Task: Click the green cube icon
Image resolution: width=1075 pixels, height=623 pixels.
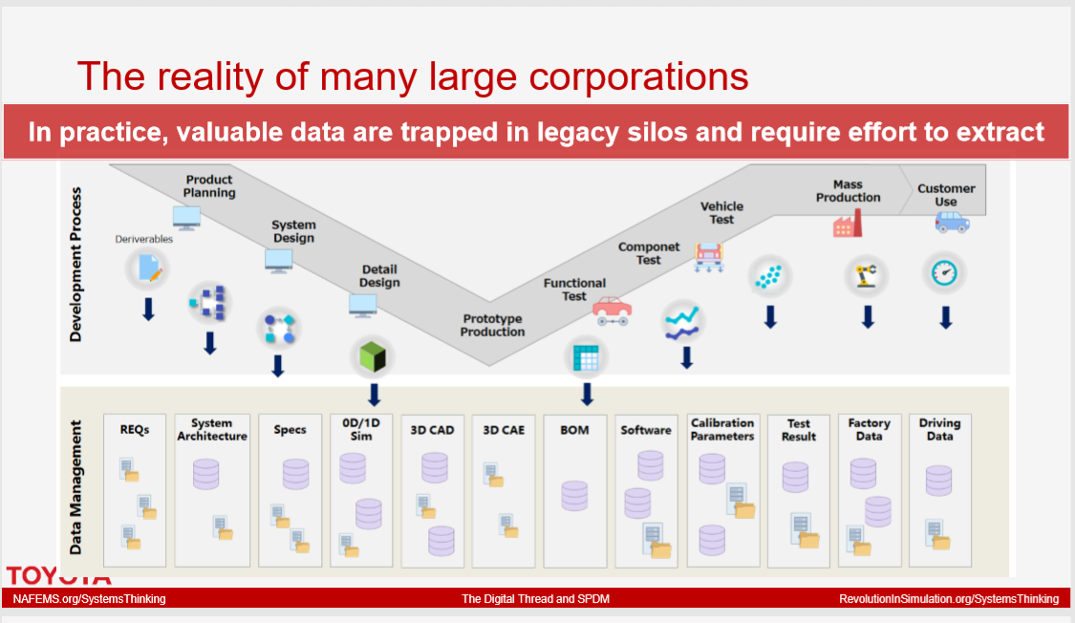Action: [x=373, y=356]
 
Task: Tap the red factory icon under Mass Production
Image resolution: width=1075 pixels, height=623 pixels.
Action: [x=848, y=224]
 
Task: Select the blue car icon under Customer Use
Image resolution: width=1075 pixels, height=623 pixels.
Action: [x=953, y=222]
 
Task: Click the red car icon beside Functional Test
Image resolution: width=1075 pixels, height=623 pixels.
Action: [x=613, y=311]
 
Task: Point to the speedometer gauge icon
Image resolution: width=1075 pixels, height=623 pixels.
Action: [x=944, y=272]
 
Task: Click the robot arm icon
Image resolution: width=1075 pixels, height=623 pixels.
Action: [x=866, y=275]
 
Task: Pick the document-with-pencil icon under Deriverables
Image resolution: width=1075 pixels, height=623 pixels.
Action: [x=149, y=268]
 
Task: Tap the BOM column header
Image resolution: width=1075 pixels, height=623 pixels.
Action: [x=574, y=430]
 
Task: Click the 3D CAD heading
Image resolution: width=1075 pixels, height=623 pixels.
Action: [x=432, y=430]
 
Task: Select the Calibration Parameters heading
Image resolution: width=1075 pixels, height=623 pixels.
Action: [x=722, y=430]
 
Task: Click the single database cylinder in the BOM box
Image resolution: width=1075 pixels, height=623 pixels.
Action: [x=574, y=496]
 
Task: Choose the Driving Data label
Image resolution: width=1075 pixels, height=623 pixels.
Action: [x=939, y=430]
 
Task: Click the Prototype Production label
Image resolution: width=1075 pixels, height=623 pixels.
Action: [x=492, y=326]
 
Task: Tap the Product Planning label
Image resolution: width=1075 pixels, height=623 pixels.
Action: [x=209, y=186]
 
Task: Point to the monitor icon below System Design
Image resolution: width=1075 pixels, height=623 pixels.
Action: [x=278, y=261]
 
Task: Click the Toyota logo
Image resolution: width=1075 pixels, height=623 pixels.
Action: [x=58, y=576]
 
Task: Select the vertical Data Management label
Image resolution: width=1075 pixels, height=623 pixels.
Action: [x=75, y=487]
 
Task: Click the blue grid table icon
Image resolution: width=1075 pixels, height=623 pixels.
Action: [x=586, y=357]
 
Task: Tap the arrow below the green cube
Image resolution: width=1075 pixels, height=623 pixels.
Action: [x=374, y=395]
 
